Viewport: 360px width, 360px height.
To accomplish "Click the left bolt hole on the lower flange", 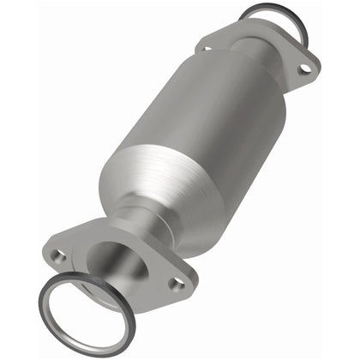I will coord(59,255).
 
